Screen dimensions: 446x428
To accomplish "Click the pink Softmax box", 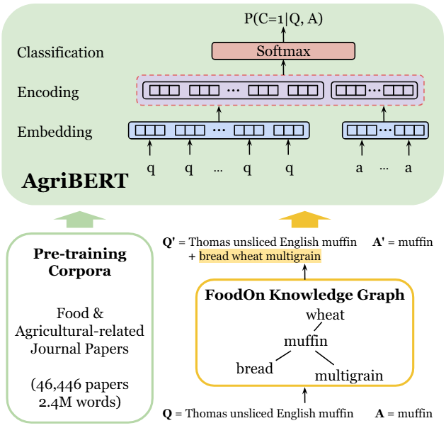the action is coord(283,51).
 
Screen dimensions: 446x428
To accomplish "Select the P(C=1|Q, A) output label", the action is coord(283,19).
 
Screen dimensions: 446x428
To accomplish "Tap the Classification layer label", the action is coord(61,52).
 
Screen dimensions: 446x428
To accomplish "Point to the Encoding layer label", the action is coord(48,92).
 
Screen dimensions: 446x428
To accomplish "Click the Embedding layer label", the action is coord(55,132).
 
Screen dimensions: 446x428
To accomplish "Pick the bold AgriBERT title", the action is coord(75,181).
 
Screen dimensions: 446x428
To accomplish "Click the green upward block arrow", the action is coord(79,219).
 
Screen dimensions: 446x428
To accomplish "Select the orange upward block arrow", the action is coord(304,219).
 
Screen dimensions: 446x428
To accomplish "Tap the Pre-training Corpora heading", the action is coord(79,262).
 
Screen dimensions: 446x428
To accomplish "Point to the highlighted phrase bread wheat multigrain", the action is coord(260,256).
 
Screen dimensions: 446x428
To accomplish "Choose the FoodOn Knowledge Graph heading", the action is coord(304,295).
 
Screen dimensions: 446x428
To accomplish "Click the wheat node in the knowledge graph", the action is coord(325,315).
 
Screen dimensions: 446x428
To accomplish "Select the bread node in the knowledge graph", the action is coord(255,368).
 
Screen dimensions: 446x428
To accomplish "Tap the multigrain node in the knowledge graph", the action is coord(349,376).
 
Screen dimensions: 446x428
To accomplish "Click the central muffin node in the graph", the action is coord(306,341).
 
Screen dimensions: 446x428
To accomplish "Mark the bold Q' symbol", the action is coord(168,242).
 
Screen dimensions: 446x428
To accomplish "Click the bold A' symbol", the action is coord(379,242).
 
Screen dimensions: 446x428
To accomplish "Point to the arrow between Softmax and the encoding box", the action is coord(283,67).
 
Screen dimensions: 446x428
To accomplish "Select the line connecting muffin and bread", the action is coord(283,356).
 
